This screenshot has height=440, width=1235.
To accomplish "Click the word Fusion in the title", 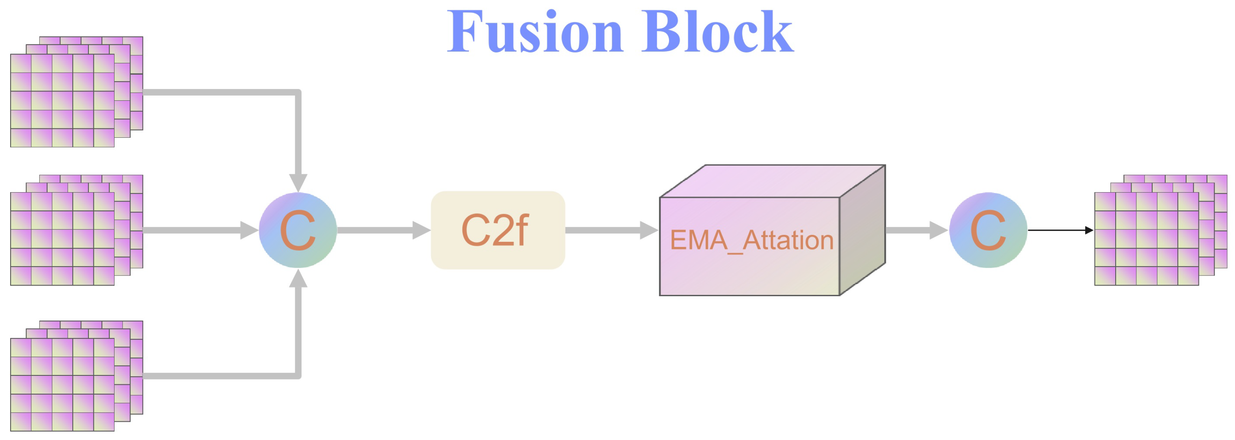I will [535, 32].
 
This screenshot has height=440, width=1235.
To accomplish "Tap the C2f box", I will [498, 230].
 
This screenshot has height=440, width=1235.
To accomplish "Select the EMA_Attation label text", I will [751, 241].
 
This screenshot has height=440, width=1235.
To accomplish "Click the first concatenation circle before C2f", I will [298, 230].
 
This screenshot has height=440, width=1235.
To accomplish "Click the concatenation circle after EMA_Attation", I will [988, 230].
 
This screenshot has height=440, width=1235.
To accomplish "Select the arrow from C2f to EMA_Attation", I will [611, 230].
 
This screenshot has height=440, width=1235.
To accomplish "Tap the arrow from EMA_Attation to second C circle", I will [916, 230].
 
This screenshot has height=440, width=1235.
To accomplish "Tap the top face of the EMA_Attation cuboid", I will [772, 181].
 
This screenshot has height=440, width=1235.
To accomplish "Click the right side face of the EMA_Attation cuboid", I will [862, 230].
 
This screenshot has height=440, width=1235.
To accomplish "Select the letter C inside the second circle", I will [988, 230].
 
